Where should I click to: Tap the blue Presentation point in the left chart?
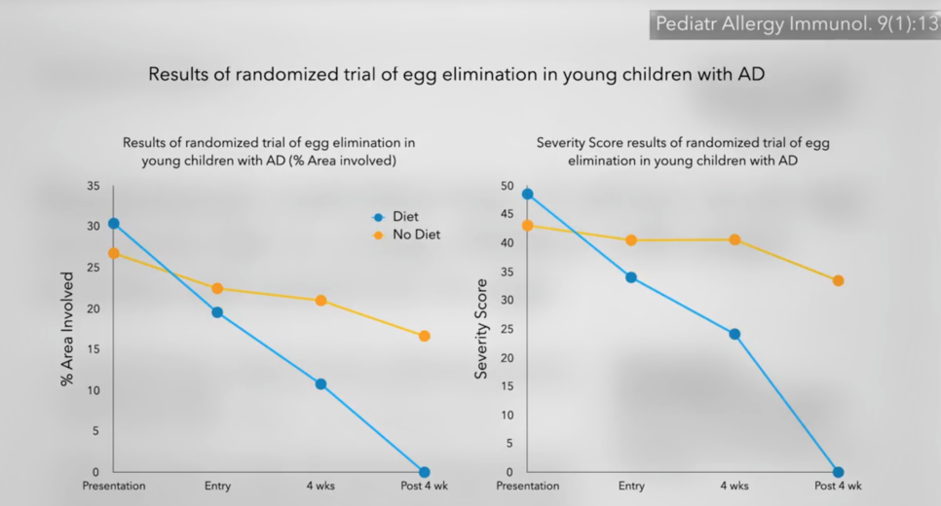(x=114, y=224)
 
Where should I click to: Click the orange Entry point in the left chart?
(x=217, y=289)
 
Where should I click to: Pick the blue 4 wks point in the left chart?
(x=320, y=384)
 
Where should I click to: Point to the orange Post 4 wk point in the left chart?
(x=424, y=337)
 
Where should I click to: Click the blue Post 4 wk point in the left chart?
(x=424, y=472)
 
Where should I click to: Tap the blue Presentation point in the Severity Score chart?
(x=528, y=194)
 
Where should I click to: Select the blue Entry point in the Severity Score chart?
(x=631, y=277)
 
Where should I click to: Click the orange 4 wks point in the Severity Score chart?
(x=734, y=239)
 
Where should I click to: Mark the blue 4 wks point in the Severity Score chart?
(x=734, y=334)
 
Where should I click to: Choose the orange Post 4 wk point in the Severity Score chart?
(x=838, y=281)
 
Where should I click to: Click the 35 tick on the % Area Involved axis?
(x=93, y=186)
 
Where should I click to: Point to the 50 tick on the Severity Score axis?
(x=507, y=186)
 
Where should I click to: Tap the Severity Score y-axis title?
(x=481, y=329)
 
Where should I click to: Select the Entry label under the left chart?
(x=217, y=486)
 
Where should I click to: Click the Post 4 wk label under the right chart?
(x=838, y=486)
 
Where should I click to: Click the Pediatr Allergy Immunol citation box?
(x=795, y=24)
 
